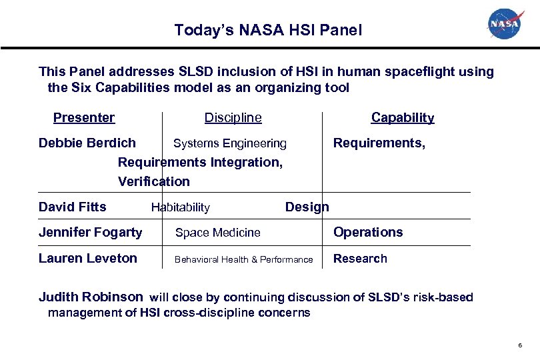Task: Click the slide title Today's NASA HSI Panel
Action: (x=268, y=30)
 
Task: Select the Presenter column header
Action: (x=84, y=118)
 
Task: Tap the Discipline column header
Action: (x=233, y=118)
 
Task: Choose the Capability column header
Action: (x=403, y=118)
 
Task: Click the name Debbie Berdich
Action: (x=87, y=143)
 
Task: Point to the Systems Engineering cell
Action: (x=230, y=143)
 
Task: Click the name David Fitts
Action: (x=73, y=207)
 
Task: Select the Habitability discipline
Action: (x=181, y=207)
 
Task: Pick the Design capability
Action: (x=307, y=207)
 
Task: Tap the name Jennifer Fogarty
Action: (x=91, y=232)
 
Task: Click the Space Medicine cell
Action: (x=218, y=233)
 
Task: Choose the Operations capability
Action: (x=368, y=232)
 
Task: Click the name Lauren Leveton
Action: (x=88, y=259)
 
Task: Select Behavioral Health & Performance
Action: (x=243, y=259)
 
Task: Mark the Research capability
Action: (x=360, y=259)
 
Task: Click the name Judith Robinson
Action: (x=91, y=297)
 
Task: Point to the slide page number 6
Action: (x=519, y=345)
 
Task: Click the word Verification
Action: (x=154, y=181)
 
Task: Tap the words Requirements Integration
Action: (x=200, y=162)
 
